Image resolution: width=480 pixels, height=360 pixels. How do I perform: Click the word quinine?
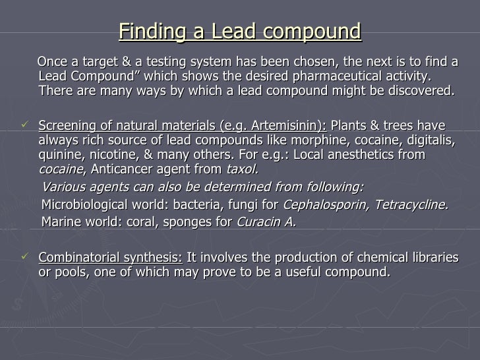click(61, 156)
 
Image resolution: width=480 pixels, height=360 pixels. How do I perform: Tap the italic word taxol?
click(243, 171)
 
